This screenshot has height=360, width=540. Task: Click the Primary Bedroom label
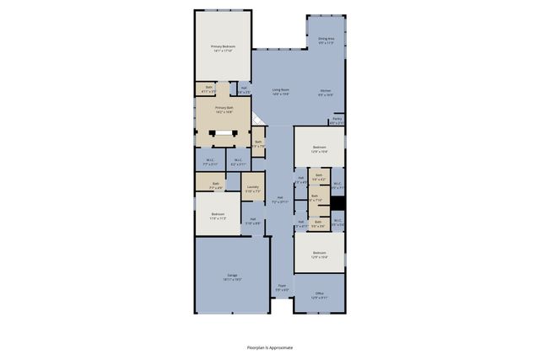(x=223, y=48)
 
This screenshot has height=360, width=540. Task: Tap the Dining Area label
(x=326, y=40)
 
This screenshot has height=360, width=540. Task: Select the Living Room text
(x=281, y=91)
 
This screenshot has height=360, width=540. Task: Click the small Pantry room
(x=337, y=121)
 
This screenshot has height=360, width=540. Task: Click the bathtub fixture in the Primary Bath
(x=224, y=132)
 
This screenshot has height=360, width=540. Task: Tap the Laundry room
(x=252, y=188)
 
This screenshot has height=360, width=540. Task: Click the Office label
(x=319, y=294)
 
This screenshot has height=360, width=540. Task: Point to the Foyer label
(x=282, y=287)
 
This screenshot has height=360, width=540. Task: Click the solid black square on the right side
(x=337, y=203)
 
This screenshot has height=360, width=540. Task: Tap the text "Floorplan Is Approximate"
(x=270, y=347)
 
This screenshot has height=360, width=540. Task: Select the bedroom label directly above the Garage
(x=218, y=216)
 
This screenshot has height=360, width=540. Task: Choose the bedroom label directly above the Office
(x=319, y=254)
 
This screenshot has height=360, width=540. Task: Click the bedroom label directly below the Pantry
(x=319, y=148)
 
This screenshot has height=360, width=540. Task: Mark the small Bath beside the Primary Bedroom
(x=209, y=88)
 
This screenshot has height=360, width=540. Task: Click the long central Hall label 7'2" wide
(x=280, y=201)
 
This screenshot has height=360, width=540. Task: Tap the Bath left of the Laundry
(x=215, y=185)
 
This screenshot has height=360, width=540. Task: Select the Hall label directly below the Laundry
(x=252, y=222)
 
